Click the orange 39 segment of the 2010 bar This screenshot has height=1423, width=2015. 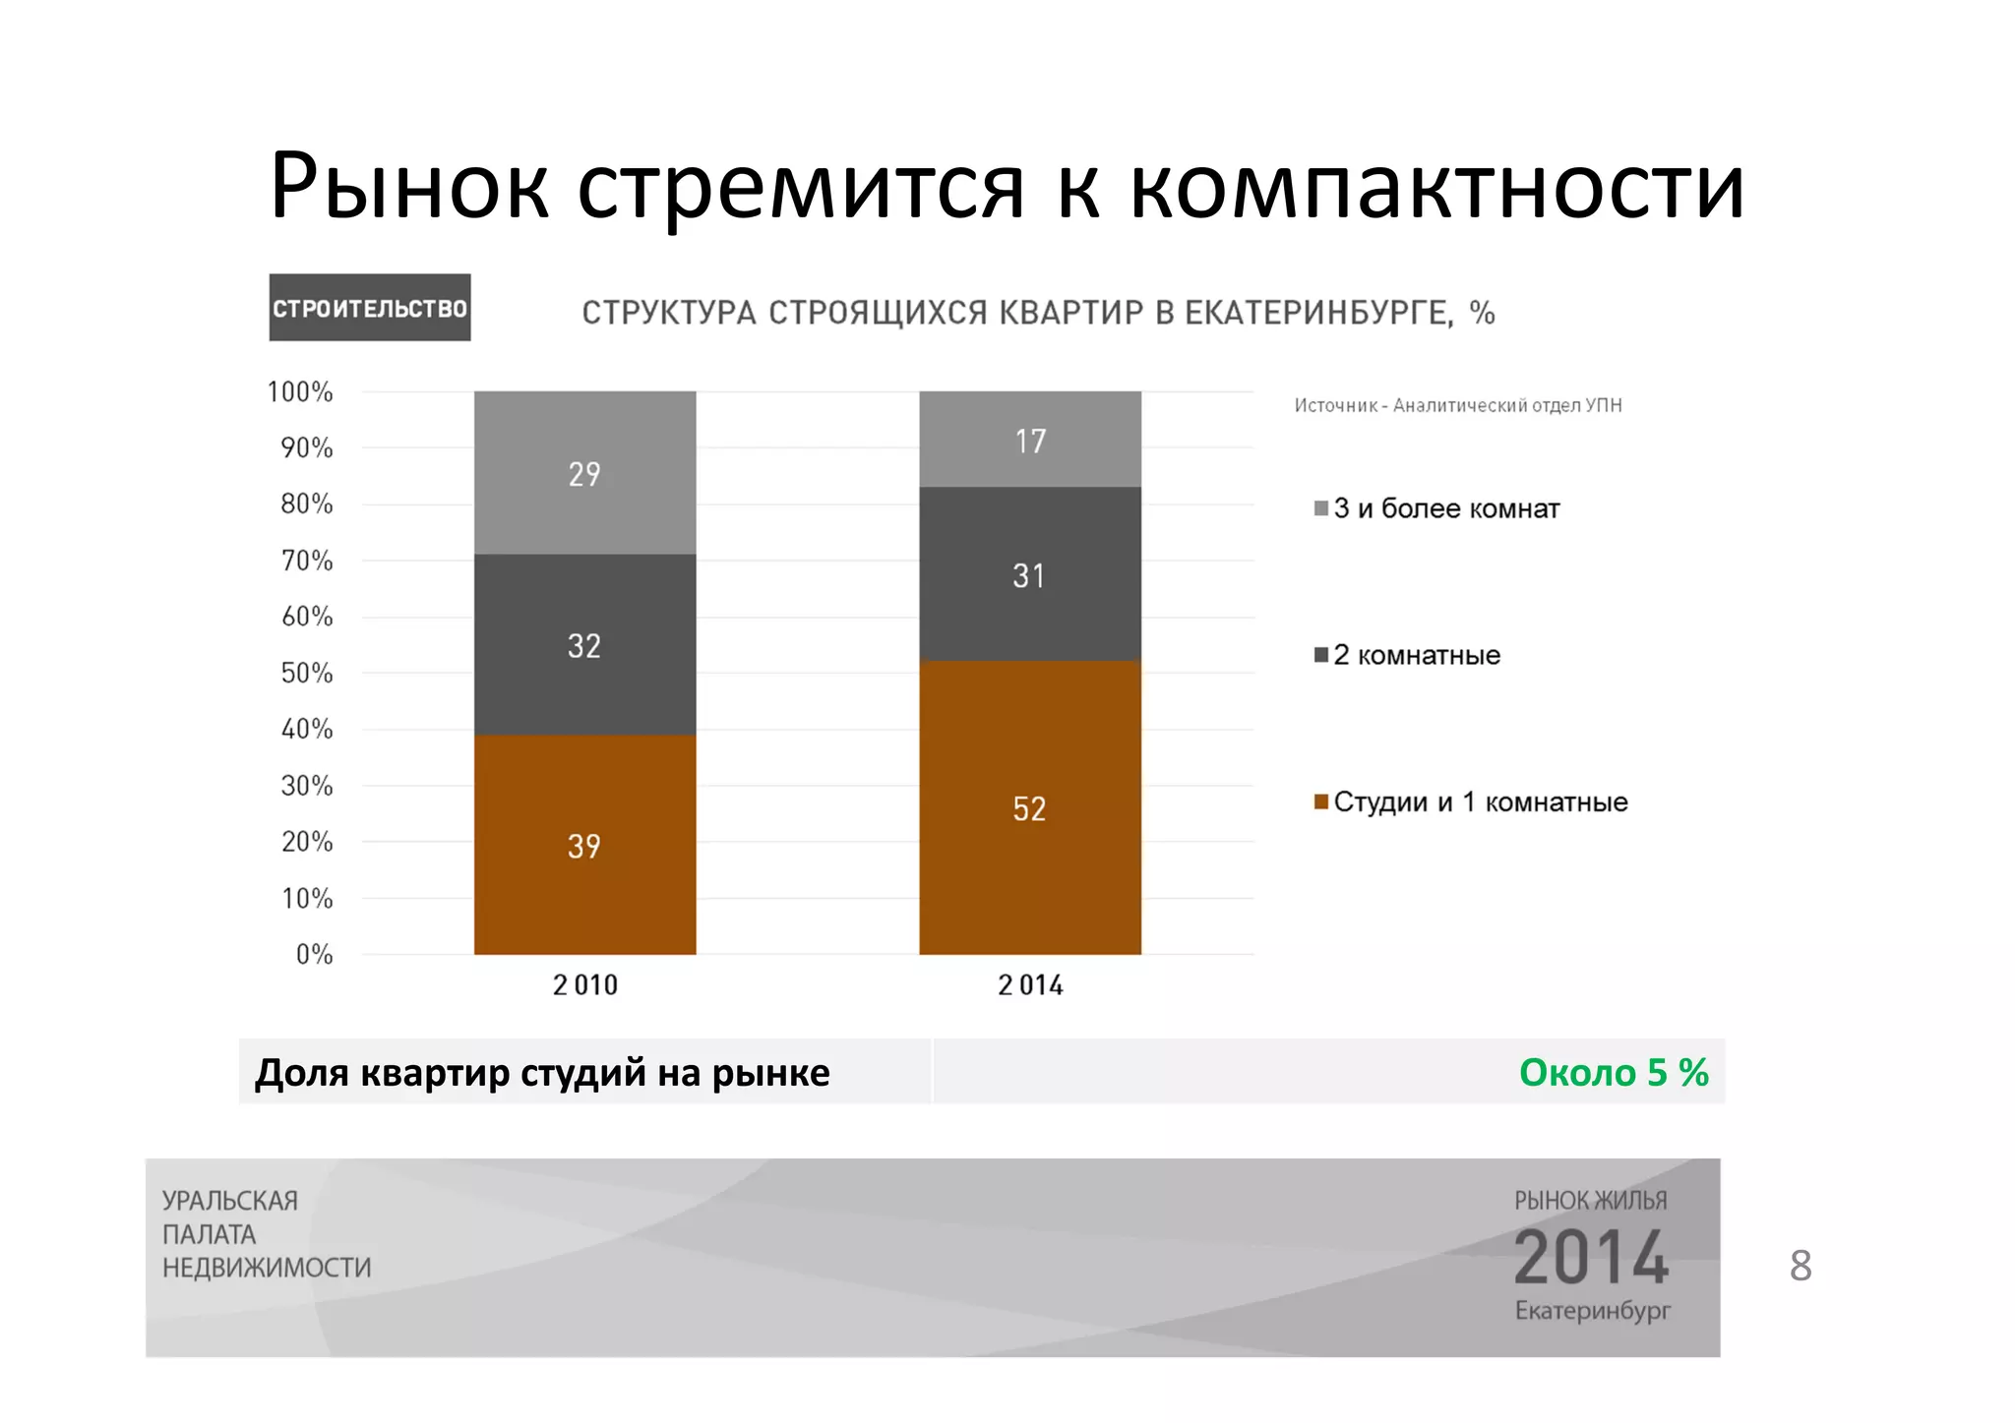(x=584, y=844)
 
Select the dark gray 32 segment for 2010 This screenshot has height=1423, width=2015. (x=584, y=644)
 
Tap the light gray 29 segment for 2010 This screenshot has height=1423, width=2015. (x=584, y=473)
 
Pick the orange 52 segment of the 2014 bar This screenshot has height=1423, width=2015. (x=1029, y=807)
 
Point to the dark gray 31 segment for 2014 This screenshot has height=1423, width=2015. (x=1029, y=574)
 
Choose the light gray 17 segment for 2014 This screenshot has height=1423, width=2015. (x=1029, y=440)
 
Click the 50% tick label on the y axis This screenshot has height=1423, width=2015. (x=307, y=674)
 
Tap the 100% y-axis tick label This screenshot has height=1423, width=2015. (x=300, y=392)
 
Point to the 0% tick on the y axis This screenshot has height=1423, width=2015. (x=314, y=954)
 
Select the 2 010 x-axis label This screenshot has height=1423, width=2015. (x=584, y=984)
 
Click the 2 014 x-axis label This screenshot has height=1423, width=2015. (x=1030, y=984)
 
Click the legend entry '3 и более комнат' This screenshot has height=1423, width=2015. (x=1445, y=508)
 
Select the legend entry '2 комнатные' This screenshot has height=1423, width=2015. (x=1416, y=655)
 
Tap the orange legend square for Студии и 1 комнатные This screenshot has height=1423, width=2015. (x=1321, y=801)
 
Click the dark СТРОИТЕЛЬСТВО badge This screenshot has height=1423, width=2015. (x=370, y=308)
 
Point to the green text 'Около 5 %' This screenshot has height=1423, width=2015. (x=1613, y=1072)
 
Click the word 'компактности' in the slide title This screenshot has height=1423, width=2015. (x=1436, y=187)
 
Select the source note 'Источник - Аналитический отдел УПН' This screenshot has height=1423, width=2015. (x=1457, y=405)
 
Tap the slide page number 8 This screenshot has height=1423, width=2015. (x=1800, y=1266)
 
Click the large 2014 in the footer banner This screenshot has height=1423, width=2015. (x=1591, y=1257)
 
